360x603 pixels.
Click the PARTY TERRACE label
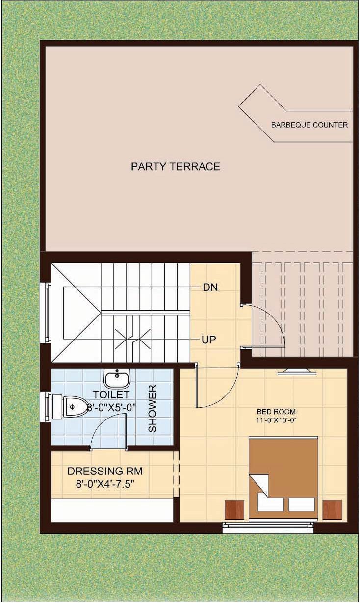click(x=176, y=166)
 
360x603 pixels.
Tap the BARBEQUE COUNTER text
click(x=309, y=125)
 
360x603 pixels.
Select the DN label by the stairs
click(x=210, y=288)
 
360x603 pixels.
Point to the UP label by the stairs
click(x=209, y=339)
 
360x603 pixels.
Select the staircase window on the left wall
click(x=46, y=312)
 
